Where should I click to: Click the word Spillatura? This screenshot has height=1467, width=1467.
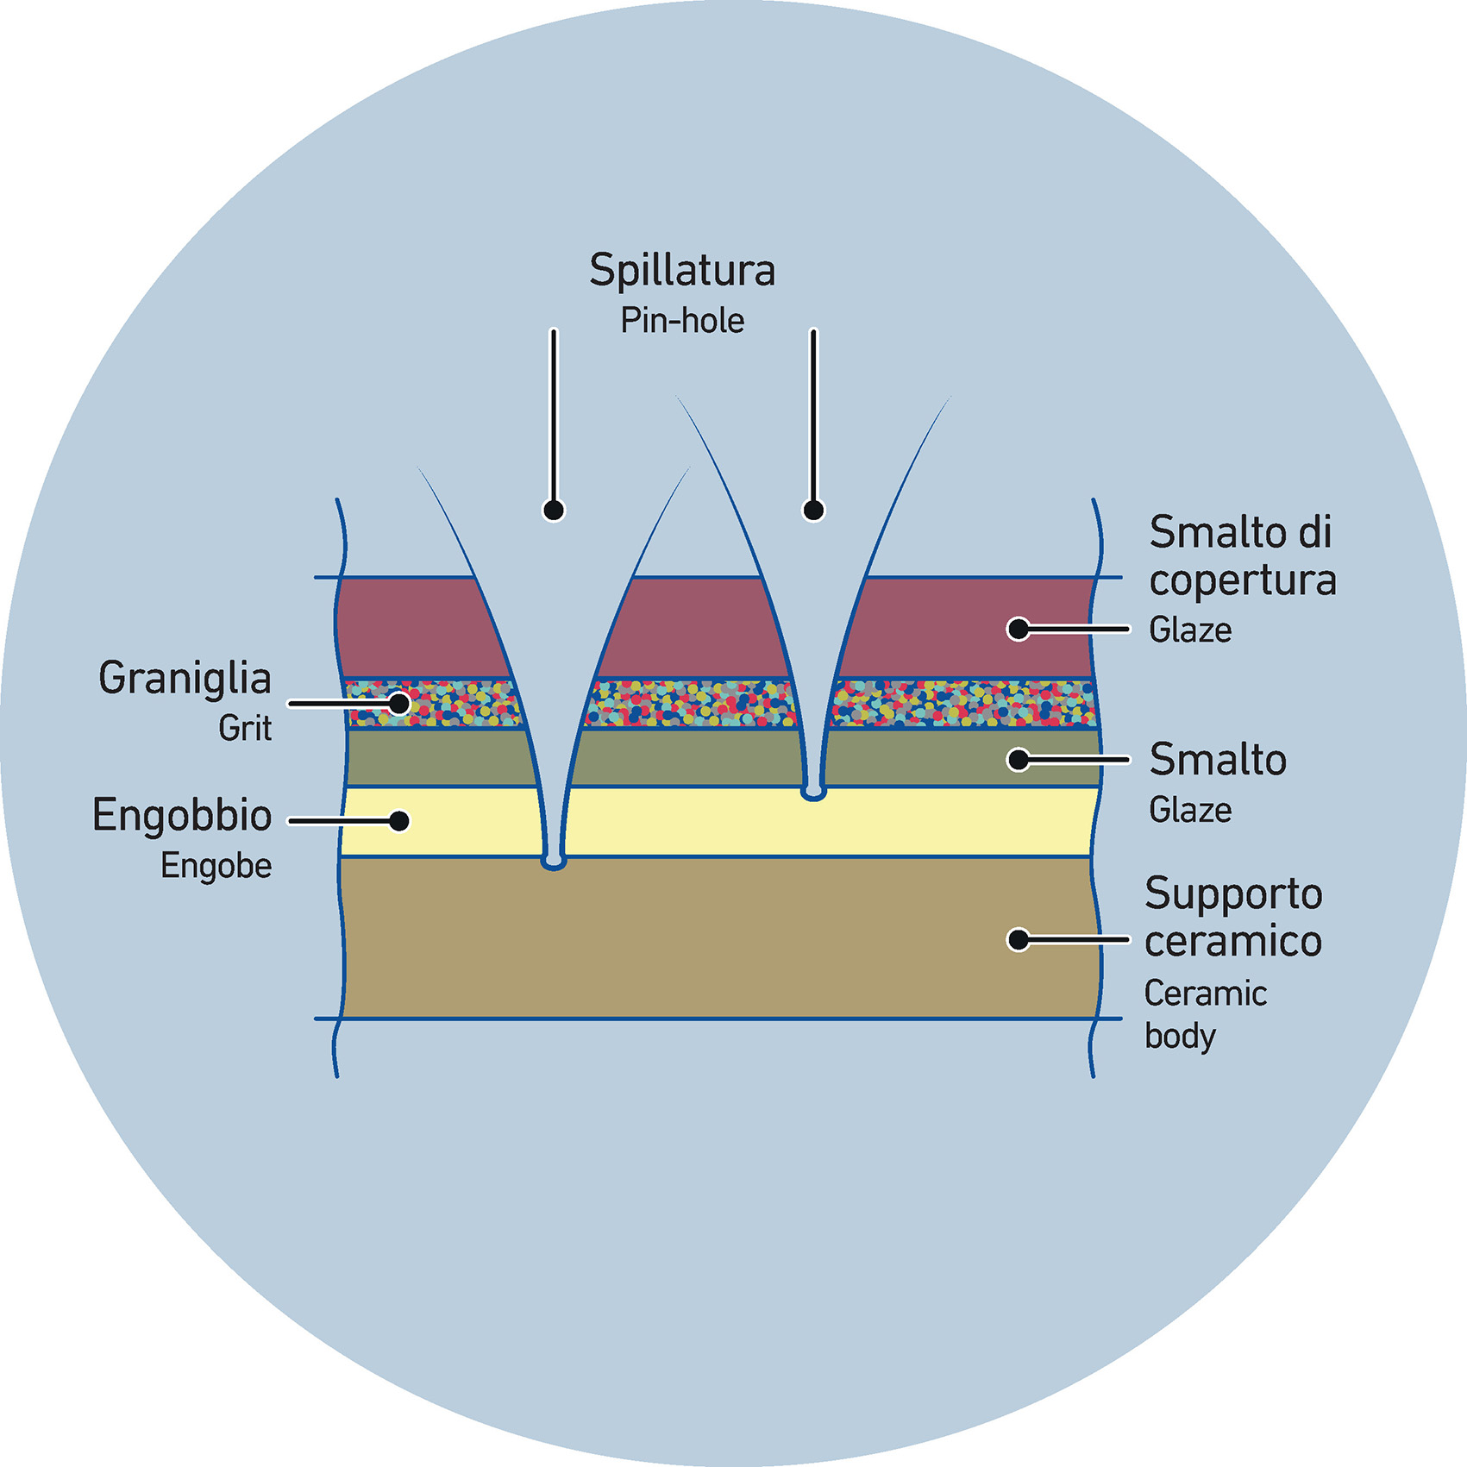(x=682, y=271)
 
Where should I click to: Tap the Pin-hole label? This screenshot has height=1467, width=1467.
(x=682, y=321)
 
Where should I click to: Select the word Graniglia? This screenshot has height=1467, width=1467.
(x=185, y=678)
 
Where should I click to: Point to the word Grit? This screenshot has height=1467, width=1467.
(x=245, y=729)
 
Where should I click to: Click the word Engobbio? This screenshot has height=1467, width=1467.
(x=182, y=816)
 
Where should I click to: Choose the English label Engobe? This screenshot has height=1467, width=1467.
(x=216, y=866)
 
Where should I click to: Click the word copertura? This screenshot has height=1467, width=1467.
(x=1243, y=581)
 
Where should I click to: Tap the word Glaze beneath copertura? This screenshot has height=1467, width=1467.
(x=1190, y=630)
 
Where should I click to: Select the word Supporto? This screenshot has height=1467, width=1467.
(x=1233, y=893)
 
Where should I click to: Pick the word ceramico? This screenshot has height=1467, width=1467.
(x=1233, y=941)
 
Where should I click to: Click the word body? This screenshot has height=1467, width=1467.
(x=1180, y=1037)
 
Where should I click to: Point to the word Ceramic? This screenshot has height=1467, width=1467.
(x=1206, y=994)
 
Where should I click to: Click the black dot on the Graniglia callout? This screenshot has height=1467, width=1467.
(x=398, y=704)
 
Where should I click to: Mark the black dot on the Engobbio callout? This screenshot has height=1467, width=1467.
(x=398, y=821)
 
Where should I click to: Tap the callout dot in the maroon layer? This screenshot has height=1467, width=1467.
(x=1019, y=629)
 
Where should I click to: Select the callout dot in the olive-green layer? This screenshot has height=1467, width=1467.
(x=1019, y=760)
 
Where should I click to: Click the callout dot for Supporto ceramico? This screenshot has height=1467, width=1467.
(x=1019, y=939)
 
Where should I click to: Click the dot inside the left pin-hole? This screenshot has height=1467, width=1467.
(x=554, y=511)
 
